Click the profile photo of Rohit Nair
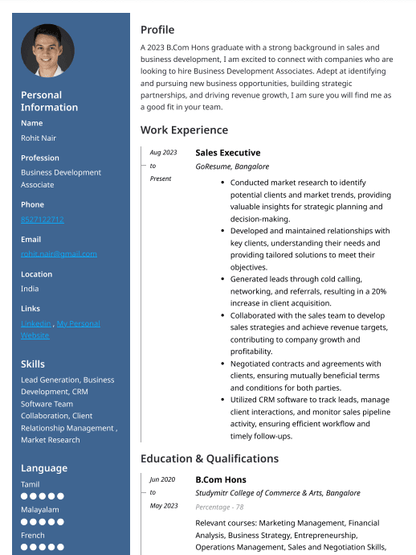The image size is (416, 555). click(47, 51)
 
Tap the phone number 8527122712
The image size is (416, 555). click(43, 219)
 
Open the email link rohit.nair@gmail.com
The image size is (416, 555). click(59, 253)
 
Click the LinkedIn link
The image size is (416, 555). click(36, 323)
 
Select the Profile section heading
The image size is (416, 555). click(157, 30)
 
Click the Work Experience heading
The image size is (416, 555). click(184, 130)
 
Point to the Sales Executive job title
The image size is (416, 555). click(227, 152)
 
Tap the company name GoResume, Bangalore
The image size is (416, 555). click(232, 166)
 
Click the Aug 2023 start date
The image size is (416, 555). click(163, 152)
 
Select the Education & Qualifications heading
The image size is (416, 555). click(210, 458)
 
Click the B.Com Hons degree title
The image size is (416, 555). click(221, 479)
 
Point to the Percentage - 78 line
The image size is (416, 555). click(219, 507)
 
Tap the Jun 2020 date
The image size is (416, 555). click(162, 479)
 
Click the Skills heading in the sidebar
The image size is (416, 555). click(33, 364)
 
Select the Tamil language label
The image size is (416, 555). click(31, 484)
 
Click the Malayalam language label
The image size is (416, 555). click(39, 509)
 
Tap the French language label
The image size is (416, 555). click(33, 535)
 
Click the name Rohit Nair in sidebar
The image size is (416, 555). click(39, 138)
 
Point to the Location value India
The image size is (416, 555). click(30, 288)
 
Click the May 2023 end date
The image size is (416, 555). click(164, 505)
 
